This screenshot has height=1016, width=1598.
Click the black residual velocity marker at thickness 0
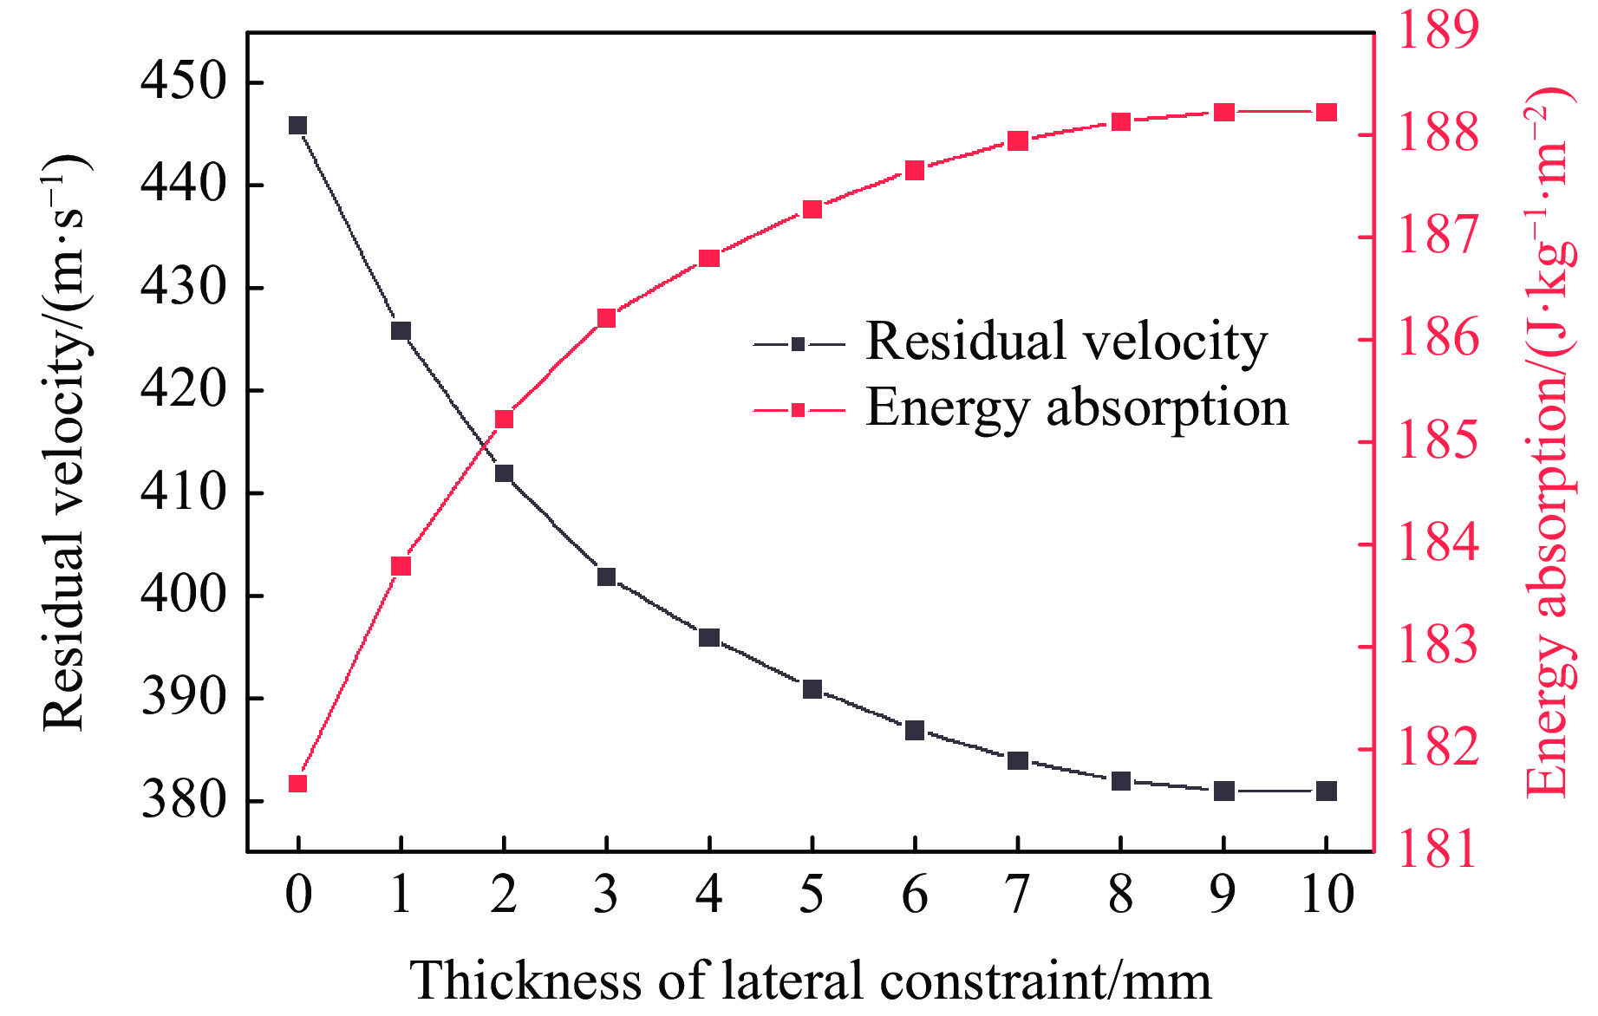coord(297,126)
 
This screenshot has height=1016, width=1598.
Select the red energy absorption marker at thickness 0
coord(297,784)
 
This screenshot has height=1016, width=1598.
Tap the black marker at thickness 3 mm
coord(606,576)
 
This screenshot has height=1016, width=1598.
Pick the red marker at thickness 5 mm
coord(812,210)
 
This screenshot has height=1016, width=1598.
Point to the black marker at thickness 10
coord(1327,791)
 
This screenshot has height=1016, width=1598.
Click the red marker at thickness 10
coord(1327,113)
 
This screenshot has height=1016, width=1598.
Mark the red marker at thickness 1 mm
coord(401,566)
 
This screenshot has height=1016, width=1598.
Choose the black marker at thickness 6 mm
coord(915,731)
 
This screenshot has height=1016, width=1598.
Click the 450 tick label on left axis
coord(183,82)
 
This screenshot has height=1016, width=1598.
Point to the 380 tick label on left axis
coord(183,799)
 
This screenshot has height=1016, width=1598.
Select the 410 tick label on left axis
coord(183,492)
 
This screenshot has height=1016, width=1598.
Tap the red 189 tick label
coord(1438,29)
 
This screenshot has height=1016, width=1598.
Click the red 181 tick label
coord(1438,850)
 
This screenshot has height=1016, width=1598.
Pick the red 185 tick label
coord(1438,440)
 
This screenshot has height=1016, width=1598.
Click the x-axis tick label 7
coord(1018,895)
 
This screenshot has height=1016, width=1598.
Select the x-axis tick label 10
coord(1327,895)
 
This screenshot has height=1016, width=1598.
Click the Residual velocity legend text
coord(1066,342)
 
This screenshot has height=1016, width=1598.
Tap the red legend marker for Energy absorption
coord(799,409)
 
